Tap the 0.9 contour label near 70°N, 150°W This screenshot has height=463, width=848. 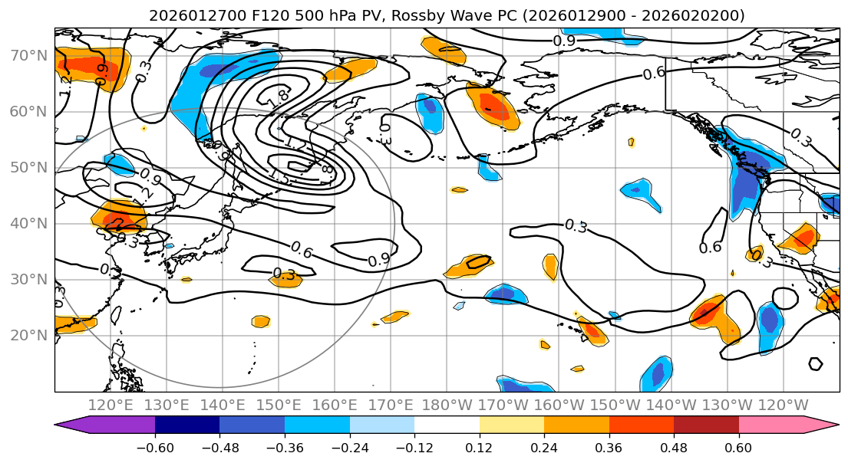pos(564,41)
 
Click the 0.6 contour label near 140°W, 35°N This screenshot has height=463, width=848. pos(711,247)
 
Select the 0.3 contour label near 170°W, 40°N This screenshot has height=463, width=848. pos(576,225)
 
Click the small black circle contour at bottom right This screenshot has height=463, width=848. pos(815,363)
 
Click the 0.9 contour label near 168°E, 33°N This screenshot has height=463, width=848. pos(378,261)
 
